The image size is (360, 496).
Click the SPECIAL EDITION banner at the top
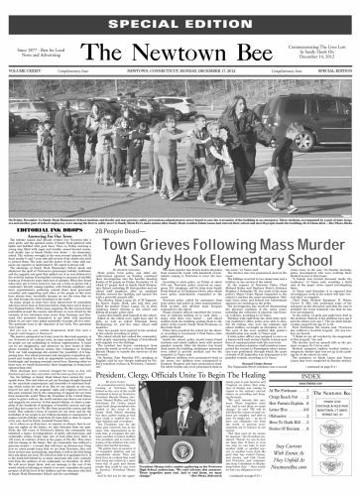180,10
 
